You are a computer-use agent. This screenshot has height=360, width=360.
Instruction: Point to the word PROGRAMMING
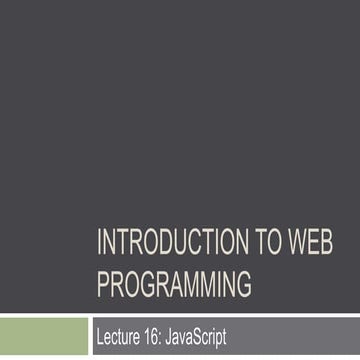pyautogui.click(x=174, y=285)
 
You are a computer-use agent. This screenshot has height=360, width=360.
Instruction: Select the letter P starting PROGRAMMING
pyautogui.click(x=103, y=285)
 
